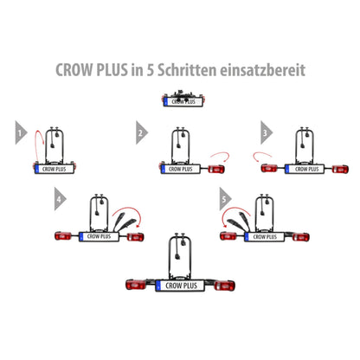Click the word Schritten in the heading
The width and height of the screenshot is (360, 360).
[187, 70]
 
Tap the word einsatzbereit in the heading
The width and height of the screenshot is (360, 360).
[262, 70]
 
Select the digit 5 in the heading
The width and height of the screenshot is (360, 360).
[150, 70]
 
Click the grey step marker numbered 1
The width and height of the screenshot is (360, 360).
[20, 132]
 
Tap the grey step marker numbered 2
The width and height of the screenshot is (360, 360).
[141, 132]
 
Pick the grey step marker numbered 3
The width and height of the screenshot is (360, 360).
[266, 132]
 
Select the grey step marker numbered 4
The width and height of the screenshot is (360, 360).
[60, 199]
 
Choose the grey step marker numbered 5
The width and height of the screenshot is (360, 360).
[224, 199]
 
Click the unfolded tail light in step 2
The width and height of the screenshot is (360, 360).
[216, 169]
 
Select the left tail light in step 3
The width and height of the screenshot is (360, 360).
[269, 169]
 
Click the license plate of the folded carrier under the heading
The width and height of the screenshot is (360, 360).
[183, 102]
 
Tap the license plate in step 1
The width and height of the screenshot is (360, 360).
[55, 169]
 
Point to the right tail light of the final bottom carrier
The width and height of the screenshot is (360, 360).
[224, 286]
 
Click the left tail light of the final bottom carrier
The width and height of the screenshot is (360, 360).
[137, 285]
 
